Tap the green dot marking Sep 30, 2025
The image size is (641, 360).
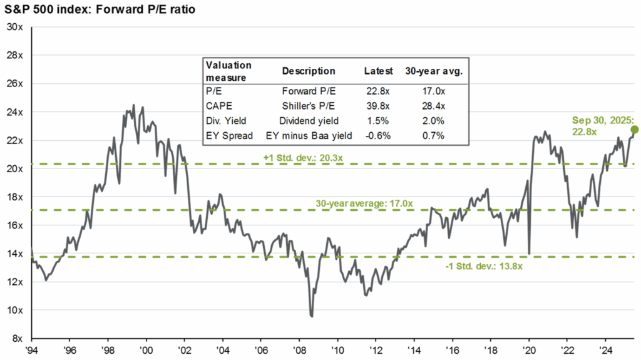pos(635,130)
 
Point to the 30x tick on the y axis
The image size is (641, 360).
pos(14,27)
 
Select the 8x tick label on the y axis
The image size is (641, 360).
pos(17,338)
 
